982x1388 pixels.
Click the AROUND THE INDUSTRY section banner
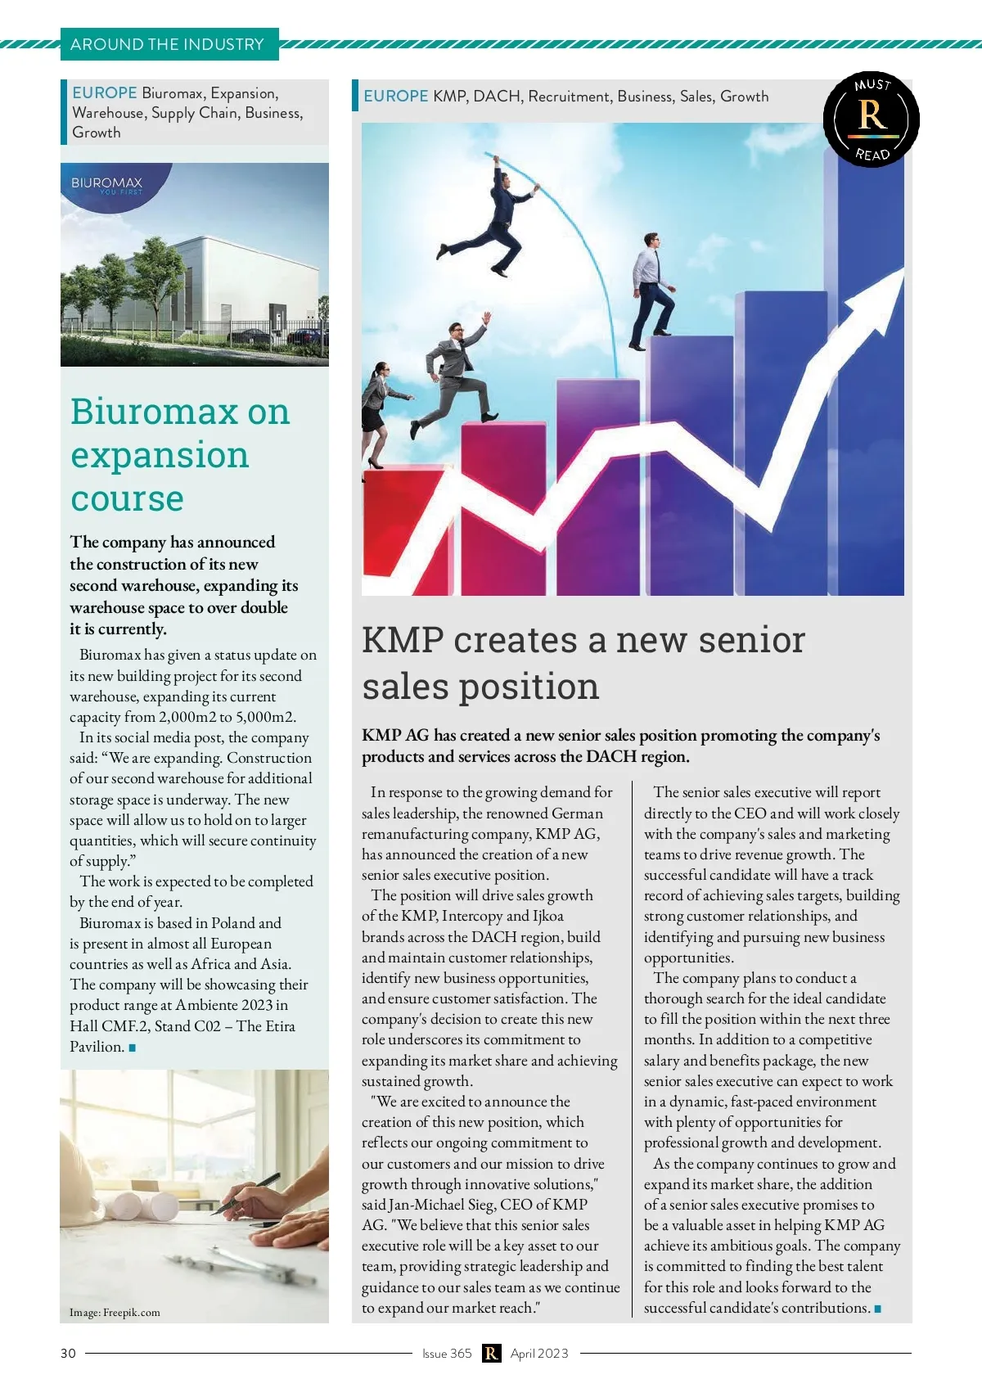(169, 44)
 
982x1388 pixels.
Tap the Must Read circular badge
(871, 119)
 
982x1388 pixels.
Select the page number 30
(68, 1353)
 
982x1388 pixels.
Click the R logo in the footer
(491, 1353)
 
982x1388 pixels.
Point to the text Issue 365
(447, 1353)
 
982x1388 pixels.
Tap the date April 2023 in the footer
(538, 1353)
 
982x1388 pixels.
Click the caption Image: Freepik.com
(115, 1313)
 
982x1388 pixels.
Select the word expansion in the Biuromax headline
(160, 455)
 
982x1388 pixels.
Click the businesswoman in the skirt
(377, 413)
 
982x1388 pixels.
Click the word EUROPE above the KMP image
(395, 97)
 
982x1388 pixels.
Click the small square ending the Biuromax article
(133, 1048)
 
